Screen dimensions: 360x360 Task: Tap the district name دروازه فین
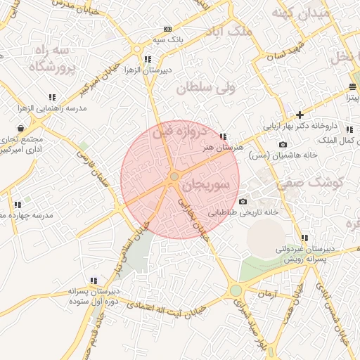pyautogui.click(x=182, y=131)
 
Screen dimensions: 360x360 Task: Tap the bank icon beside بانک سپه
pyautogui.click(x=167, y=29)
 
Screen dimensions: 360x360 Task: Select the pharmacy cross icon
pyautogui.click(x=300, y=114)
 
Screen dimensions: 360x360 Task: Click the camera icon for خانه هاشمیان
pyautogui.click(x=283, y=144)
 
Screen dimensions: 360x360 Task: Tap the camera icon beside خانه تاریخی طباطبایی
pyautogui.click(x=243, y=202)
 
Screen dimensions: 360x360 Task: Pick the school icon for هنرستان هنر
pyautogui.click(x=223, y=136)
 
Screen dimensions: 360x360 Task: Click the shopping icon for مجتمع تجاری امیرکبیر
pyautogui.click(x=22, y=128)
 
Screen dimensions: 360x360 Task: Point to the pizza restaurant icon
pyautogui.click(x=353, y=87)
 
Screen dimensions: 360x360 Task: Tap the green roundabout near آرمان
pyautogui.click(x=236, y=290)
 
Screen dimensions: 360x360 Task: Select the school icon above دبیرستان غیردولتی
pyautogui.click(x=304, y=238)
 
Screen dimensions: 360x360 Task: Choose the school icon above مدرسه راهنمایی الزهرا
pyautogui.click(x=51, y=97)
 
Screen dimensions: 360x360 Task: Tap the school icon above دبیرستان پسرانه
pyautogui.click(x=94, y=280)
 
